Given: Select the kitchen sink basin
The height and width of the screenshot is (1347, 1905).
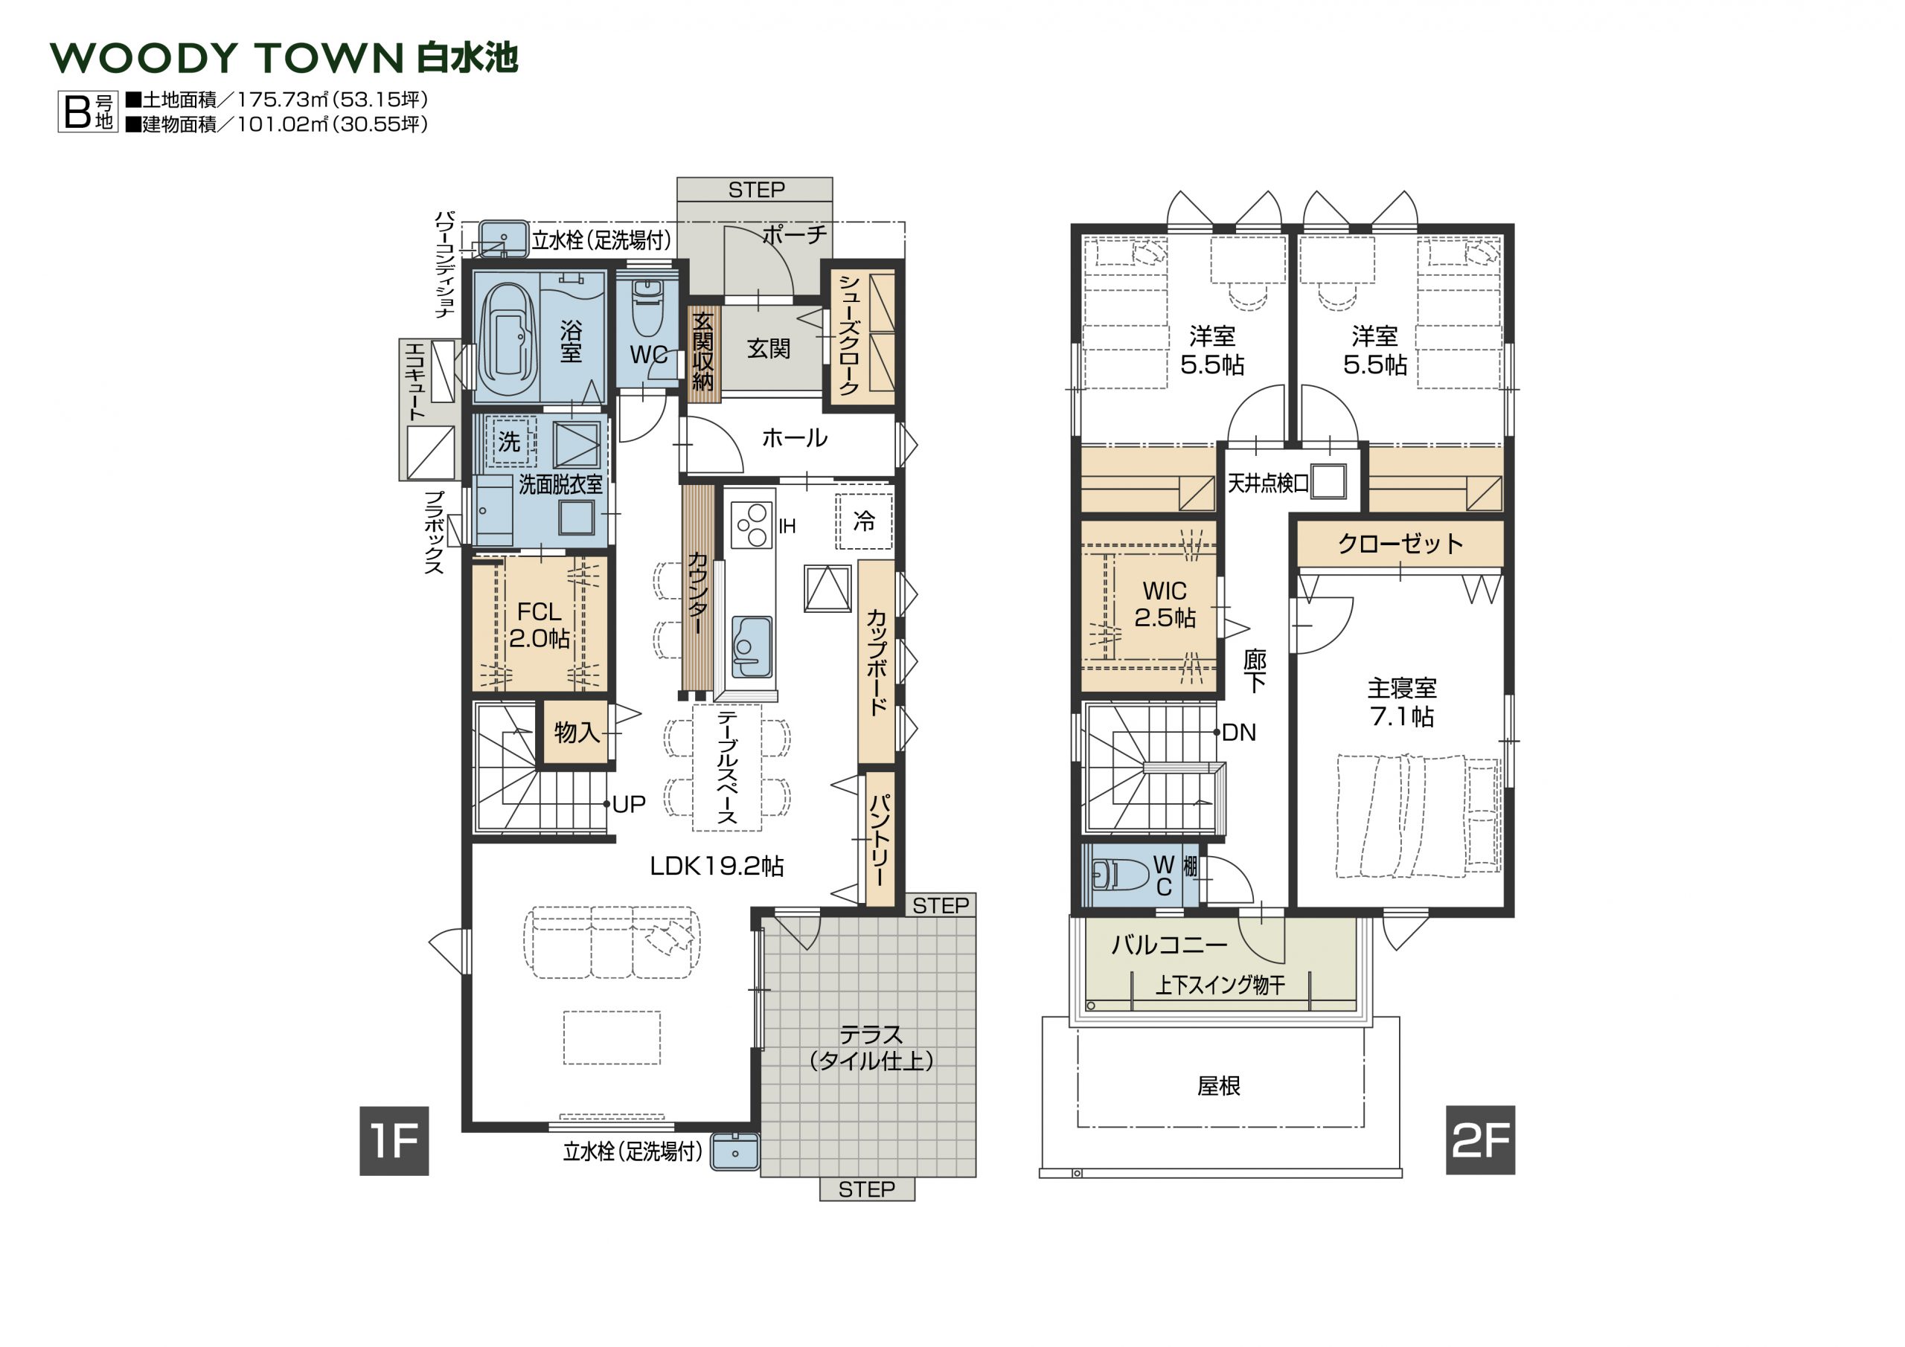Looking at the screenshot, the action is (752, 648).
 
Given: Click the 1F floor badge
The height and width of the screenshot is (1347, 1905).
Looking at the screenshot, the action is (394, 1140).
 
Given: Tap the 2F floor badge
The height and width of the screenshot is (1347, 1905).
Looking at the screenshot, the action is (1480, 1139).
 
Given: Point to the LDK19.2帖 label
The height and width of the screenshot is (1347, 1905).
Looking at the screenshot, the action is (716, 866).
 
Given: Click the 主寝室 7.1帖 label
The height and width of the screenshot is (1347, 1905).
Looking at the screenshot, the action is (1401, 701).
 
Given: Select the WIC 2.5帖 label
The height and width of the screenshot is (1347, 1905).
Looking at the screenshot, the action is (1165, 604).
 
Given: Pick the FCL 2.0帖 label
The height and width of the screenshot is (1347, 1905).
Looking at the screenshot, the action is (540, 626).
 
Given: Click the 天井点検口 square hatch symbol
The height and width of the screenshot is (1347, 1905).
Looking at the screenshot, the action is (1328, 482).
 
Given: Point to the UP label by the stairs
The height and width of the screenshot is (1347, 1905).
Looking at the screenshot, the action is (629, 804).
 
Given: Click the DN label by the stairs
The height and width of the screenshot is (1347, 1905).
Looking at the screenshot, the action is (1239, 733).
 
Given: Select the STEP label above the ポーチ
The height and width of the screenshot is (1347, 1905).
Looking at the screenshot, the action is (756, 190).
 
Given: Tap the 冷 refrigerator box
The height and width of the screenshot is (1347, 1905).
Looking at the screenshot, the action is (864, 521).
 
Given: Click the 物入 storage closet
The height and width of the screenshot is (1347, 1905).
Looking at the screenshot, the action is (576, 732).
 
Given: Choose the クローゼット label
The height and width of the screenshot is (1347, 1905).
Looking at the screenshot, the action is (1400, 544).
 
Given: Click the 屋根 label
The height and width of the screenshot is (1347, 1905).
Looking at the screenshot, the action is (1218, 1086).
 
